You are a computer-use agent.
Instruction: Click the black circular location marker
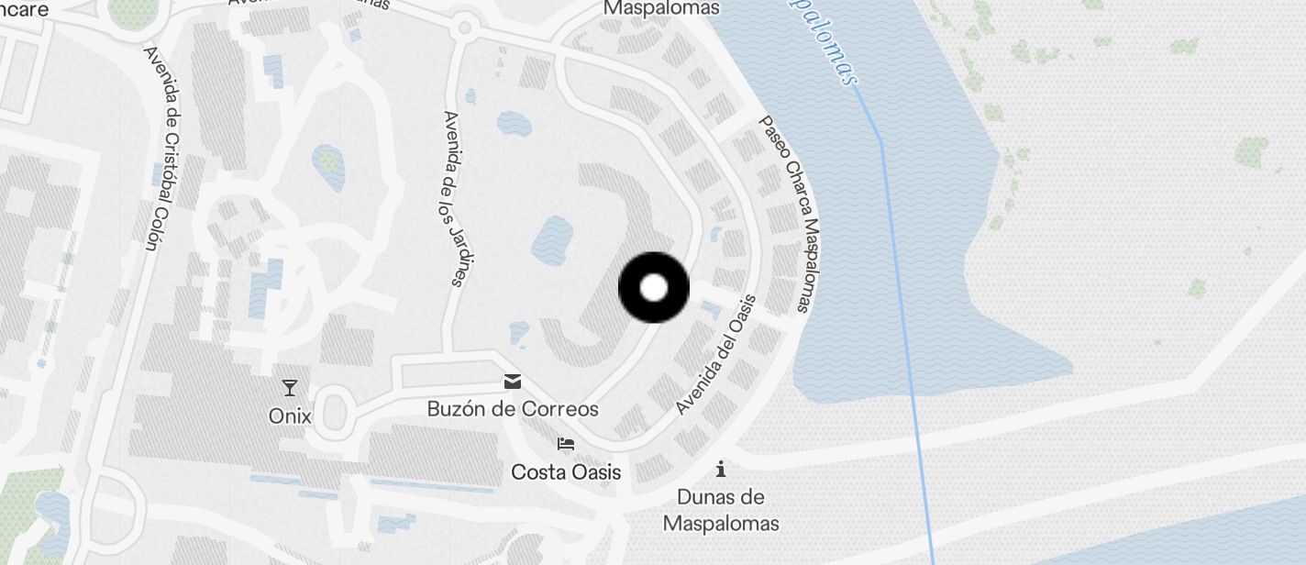[x=654, y=288]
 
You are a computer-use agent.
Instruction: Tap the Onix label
[x=290, y=416]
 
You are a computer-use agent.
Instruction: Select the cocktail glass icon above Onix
[x=290, y=388]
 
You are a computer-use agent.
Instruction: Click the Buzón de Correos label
[x=513, y=409]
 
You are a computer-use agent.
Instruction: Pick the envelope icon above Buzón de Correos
[x=513, y=382]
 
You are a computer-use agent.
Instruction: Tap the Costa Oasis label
[x=566, y=472]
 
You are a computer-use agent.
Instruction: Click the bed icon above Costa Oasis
[x=566, y=445]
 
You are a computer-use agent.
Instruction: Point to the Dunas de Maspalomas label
[x=721, y=510]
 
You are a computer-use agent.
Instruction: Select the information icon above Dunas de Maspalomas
[x=721, y=470]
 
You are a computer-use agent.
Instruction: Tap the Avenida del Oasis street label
[x=716, y=354]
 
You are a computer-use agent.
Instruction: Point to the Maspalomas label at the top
[x=661, y=8]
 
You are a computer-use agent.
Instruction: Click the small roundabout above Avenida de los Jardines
[x=464, y=28]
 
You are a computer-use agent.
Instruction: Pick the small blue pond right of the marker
[x=709, y=309]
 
